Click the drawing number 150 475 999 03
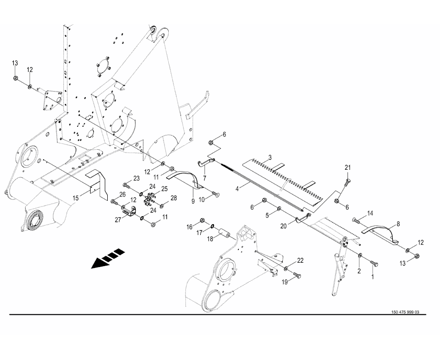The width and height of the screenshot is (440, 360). pyautogui.click(x=405, y=313)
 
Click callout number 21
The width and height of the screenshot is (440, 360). pyautogui.click(x=348, y=167)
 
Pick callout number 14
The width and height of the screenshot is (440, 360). pyautogui.click(x=370, y=213)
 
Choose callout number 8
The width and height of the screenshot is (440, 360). pyautogui.click(x=398, y=223)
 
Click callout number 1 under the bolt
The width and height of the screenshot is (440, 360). pyautogui.click(x=373, y=276)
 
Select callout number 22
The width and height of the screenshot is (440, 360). pyautogui.click(x=300, y=260)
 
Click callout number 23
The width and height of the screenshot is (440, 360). pyautogui.click(x=136, y=178)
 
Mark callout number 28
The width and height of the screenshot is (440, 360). pyautogui.click(x=174, y=197)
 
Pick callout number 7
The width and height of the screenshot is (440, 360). pyautogui.click(x=205, y=177)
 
